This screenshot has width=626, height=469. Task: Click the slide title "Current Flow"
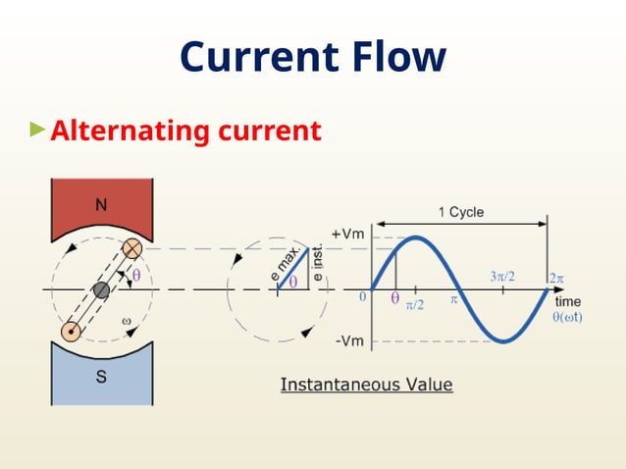coord(312,58)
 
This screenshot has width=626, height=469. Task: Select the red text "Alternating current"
coord(185,130)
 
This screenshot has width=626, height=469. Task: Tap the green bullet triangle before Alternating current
coord(37,129)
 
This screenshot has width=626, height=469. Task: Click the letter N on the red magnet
coord(101,205)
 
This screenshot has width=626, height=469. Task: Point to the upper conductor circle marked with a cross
coord(131,249)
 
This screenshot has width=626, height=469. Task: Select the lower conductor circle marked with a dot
coord(71,332)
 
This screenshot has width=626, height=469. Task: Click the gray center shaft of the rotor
coord(101,290)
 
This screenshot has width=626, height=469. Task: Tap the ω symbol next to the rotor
coord(126,321)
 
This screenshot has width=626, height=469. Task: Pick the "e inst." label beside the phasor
coord(319,265)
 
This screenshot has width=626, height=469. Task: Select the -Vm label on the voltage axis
coord(351,340)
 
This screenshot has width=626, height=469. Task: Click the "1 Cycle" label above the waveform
coord(460,212)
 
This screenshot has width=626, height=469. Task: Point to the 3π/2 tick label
coord(502,277)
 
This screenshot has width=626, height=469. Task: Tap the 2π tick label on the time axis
coord(556,278)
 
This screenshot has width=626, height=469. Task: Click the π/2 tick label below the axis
coord(415,305)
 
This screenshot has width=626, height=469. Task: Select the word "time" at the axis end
coord(567,301)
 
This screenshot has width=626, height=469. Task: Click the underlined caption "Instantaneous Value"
coord(366,385)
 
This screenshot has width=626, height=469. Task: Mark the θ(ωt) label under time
coord(567,316)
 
